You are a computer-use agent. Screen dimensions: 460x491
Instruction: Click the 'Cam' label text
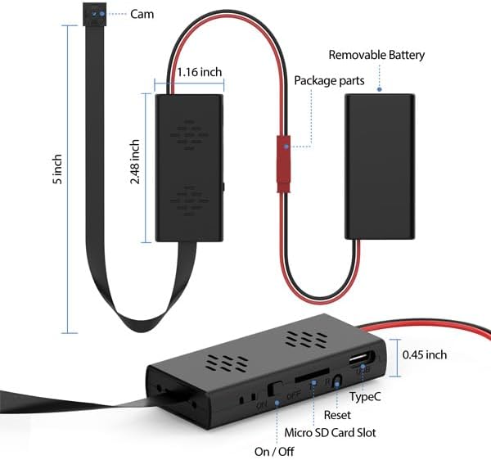tap(142, 14)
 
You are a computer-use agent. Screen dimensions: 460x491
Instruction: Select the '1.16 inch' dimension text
tap(200, 72)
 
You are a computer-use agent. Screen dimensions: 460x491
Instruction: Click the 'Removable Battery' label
tap(377, 56)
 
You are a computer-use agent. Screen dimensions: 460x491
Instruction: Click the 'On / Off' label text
tap(275, 450)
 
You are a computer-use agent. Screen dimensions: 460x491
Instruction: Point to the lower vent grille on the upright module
tap(189, 200)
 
